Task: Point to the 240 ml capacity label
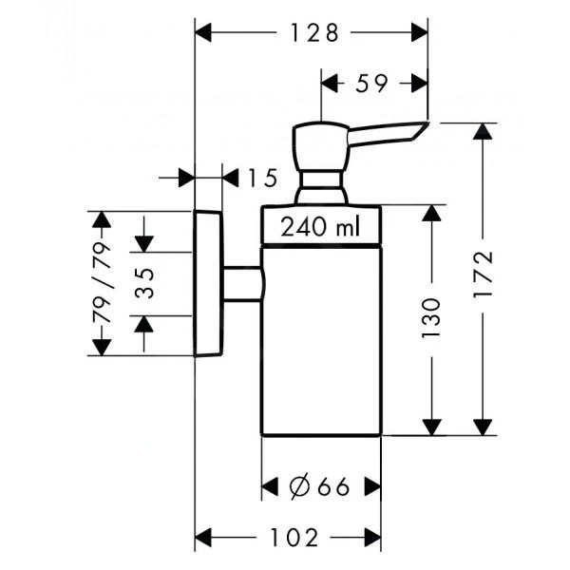pyautogui.click(x=320, y=228)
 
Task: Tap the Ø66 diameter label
pyautogui.click(x=319, y=487)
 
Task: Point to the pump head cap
pyautogui.click(x=319, y=147)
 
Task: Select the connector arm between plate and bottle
pyautogui.click(x=241, y=284)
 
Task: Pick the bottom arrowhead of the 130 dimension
pyautogui.click(x=432, y=427)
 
